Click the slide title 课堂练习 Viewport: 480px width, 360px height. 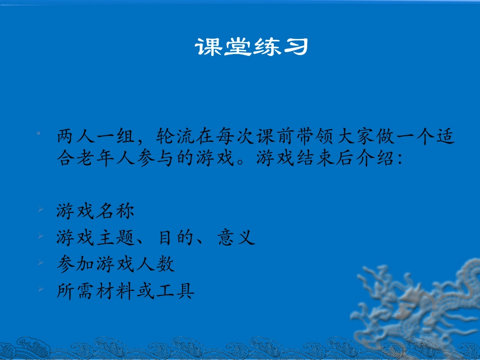tap(251, 47)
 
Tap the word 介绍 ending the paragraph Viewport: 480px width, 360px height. tap(376, 159)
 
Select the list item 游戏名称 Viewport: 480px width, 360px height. tap(95, 211)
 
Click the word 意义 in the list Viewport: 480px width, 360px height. tap(236, 237)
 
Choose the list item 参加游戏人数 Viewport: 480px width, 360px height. tap(116, 264)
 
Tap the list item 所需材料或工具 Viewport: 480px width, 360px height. tap(125, 290)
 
